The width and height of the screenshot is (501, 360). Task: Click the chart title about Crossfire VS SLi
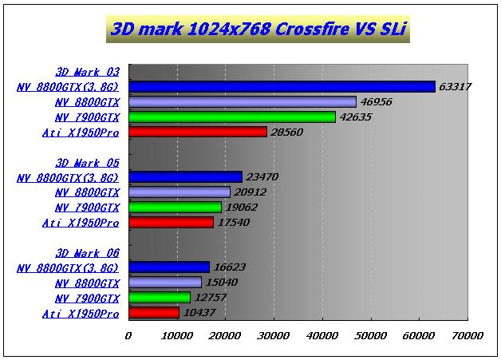coord(254,30)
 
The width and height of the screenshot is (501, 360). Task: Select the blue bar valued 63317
coord(282,87)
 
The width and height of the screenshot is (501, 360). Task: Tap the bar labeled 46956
coord(242,102)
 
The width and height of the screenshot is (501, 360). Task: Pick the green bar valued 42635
coord(231,117)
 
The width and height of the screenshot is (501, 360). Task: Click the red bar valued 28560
coord(197,132)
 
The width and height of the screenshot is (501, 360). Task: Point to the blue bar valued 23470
coord(185,177)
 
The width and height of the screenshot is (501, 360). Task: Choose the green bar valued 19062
coord(175,208)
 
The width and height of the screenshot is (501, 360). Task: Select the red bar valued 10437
coord(154,313)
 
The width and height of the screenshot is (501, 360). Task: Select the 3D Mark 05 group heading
coord(88,162)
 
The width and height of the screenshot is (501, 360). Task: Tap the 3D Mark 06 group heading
coord(88,253)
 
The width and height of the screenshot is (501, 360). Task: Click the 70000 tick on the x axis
coord(467,335)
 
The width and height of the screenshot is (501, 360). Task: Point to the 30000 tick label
coord(274,335)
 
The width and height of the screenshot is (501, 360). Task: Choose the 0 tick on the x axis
coord(128,335)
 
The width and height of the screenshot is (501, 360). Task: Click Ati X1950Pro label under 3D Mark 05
coord(81,223)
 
